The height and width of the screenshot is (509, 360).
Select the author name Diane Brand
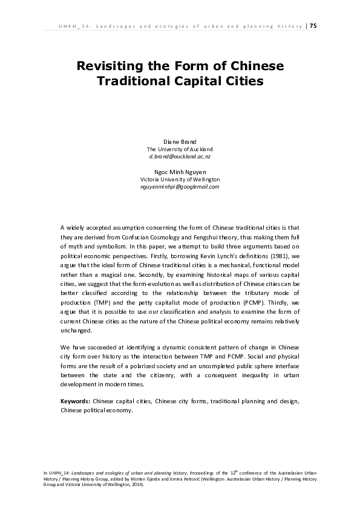point(180,141)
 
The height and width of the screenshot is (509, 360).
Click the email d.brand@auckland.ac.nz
point(180,156)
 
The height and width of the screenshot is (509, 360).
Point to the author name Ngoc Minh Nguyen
point(180,172)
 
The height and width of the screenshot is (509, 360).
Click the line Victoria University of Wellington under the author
point(180,180)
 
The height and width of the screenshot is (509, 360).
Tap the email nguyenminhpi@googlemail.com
point(180,187)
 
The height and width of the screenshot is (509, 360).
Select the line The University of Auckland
point(180,149)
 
